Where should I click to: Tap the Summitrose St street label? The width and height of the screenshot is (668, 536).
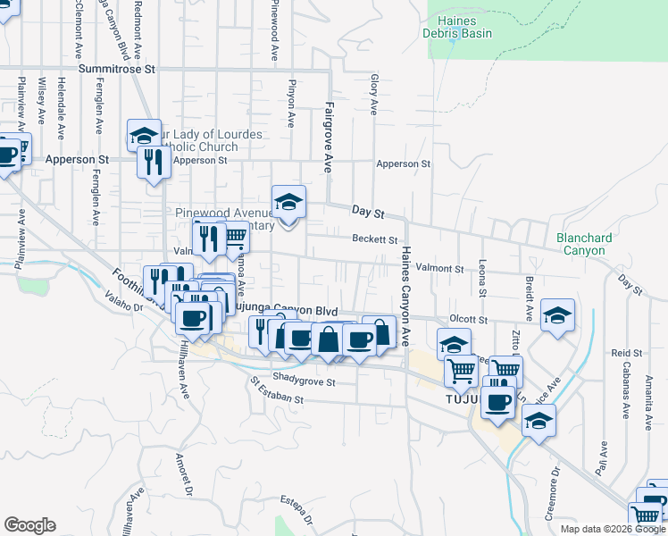point(117,68)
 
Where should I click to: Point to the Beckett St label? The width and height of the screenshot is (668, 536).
point(374,239)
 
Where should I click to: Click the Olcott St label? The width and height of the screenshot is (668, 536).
point(468,319)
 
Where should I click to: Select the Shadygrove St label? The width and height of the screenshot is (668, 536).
point(304,381)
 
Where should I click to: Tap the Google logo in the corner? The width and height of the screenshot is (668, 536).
point(29,525)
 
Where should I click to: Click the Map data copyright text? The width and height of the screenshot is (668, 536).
point(613,529)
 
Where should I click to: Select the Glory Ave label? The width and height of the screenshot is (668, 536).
point(374,96)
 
